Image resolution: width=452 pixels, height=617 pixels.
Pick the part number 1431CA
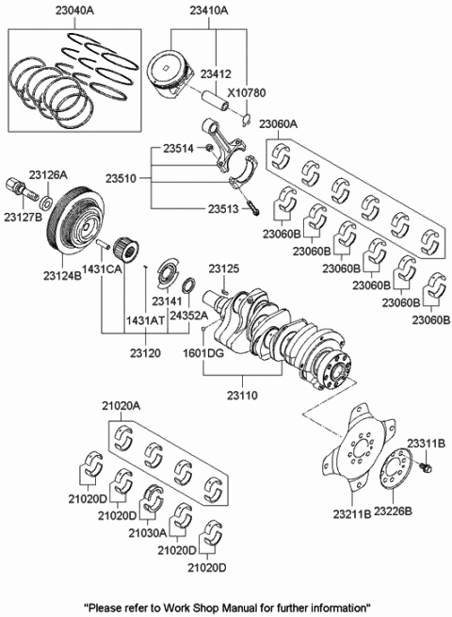102,269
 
